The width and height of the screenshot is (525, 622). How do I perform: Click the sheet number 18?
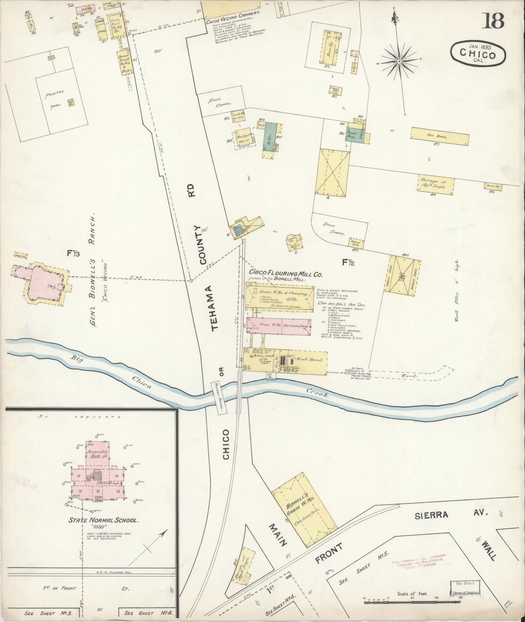coord(493,21)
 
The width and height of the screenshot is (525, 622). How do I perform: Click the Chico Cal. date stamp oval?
coord(478,53)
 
